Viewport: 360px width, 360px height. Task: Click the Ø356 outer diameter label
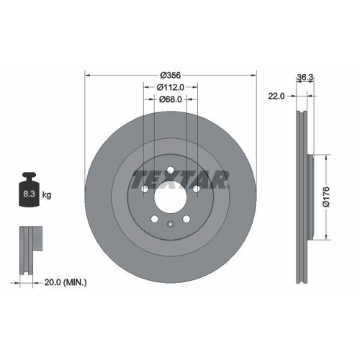[x=170, y=75]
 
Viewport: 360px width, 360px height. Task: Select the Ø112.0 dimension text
[x=171, y=88]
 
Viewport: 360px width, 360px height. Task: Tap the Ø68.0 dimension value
[x=171, y=101]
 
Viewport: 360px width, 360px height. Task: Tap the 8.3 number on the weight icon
[x=30, y=194]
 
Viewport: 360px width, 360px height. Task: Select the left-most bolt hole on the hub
[x=146, y=189]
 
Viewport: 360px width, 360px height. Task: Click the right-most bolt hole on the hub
[x=196, y=189]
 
